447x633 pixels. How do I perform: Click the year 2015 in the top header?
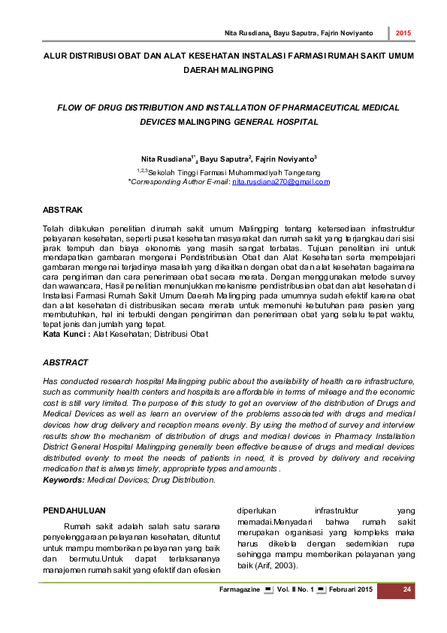[403, 34]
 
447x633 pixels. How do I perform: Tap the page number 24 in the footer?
[406, 589]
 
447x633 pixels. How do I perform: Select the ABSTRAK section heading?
[63, 209]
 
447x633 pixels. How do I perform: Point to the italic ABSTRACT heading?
[66, 362]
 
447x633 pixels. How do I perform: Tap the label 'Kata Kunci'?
[66, 333]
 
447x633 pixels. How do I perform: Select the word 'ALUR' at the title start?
[54, 56]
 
